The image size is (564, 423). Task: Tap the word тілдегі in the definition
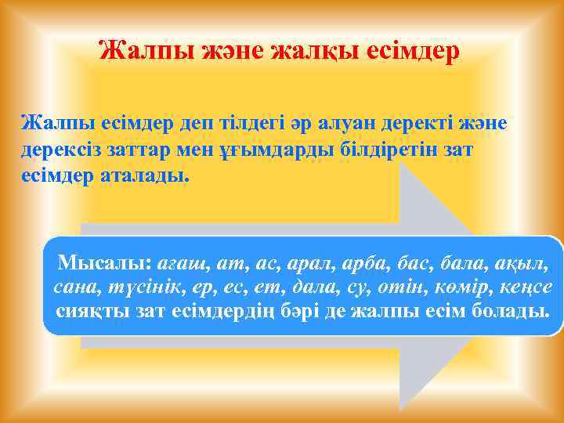pyautogui.click(x=240, y=123)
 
